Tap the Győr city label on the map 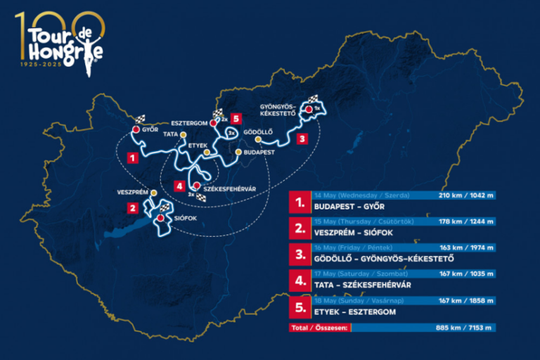[x=150, y=130]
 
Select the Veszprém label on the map [x=131, y=191]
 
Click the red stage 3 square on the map [x=301, y=139]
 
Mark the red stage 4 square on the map [x=181, y=186]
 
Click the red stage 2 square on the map [x=131, y=207]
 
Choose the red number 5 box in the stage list [x=300, y=307]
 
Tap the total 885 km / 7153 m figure [x=466, y=327]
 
